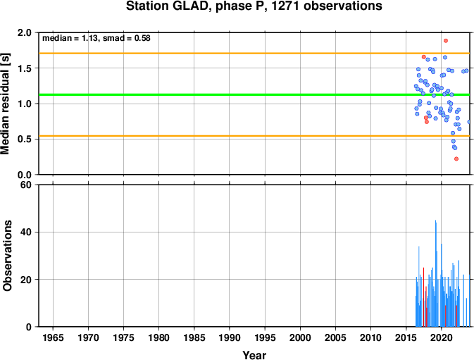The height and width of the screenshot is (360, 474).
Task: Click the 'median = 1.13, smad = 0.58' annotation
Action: click(x=96, y=38)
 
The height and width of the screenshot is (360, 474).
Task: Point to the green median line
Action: click(x=254, y=94)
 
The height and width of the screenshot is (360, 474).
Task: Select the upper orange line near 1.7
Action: click(x=254, y=54)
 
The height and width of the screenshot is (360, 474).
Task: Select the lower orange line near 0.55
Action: click(x=254, y=136)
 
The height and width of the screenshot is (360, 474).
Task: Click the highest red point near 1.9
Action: click(x=446, y=41)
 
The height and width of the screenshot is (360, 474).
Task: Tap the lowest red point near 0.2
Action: click(x=456, y=159)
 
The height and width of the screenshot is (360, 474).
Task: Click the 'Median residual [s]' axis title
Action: click(x=6, y=104)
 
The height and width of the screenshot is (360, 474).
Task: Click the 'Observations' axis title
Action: click(x=7, y=256)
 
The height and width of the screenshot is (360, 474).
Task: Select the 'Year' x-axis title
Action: click(x=254, y=355)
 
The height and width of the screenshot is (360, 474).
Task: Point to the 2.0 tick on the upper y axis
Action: click(x=25, y=32)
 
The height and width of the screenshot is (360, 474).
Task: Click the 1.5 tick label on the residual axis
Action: click(x=25, y=68)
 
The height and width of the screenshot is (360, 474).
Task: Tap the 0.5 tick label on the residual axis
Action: click(x=25, y=139)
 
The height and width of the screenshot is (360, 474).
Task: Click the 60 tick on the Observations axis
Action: click(x=26, y=185)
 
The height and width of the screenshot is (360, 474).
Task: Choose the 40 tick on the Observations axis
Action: click(x=26, y=232)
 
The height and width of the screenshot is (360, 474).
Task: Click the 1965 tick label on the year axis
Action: click(x=54, y=337)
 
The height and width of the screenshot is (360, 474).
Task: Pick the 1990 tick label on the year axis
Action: click(x=230, y=337)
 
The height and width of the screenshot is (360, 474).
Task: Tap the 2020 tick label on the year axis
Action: click(x=441, y=337)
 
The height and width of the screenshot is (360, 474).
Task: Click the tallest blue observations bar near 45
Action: click(x=435, y=273)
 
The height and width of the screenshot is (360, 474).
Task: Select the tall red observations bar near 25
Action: click(x=423, y=297)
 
